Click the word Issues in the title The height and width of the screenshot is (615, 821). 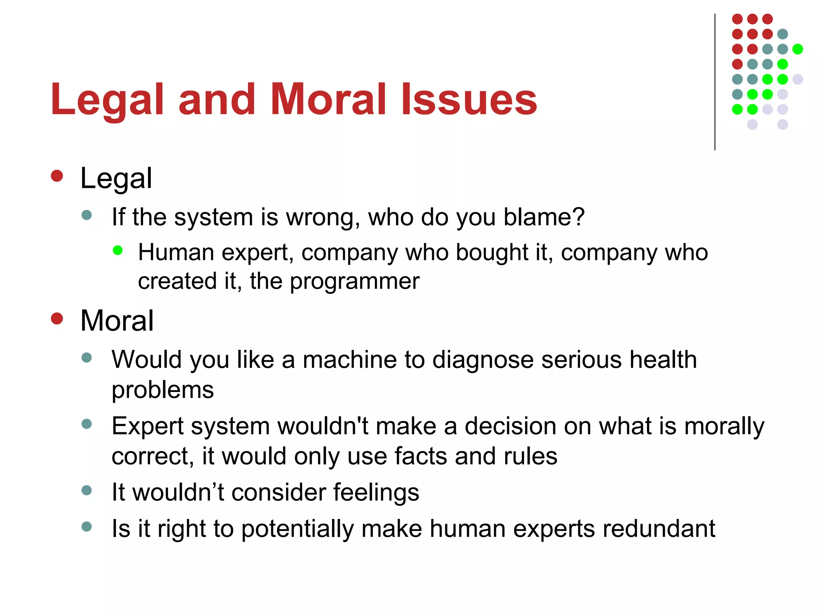click(x=469, y=99)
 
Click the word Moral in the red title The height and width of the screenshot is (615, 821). click(x=328, y=99)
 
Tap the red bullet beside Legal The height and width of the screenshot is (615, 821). click(x=57, y=176)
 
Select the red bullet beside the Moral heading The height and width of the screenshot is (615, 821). click(x=57, y=319)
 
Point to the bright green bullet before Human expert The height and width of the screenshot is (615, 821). click(x=117, y=251)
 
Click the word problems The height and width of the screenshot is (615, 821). click(x=162, y=390)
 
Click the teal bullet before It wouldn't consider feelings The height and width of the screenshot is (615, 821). click(x=87, y=490)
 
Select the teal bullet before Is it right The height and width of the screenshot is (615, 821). click(x=87, y=527)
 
